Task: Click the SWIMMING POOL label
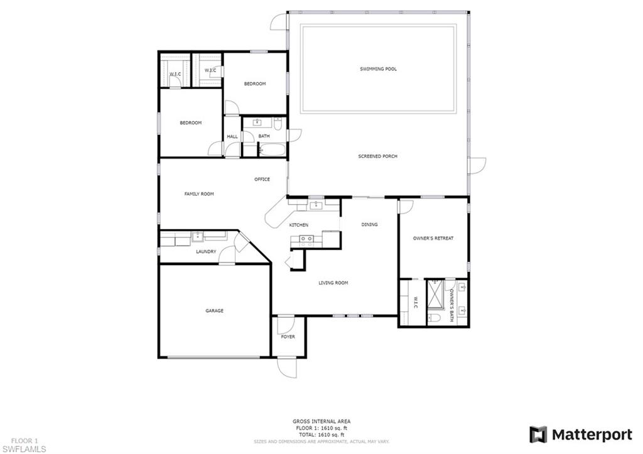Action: coord(378,69)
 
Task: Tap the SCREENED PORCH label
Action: coord(378,156)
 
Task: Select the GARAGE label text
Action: coord(215,311)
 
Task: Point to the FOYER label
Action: coord(288,337)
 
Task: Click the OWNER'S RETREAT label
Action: coord(433,239)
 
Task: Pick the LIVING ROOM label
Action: coord(333,283)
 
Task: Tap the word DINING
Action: coord(370,225)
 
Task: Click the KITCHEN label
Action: coord(298,225)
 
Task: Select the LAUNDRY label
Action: coord(206,252)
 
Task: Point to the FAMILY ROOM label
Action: coord(199,195)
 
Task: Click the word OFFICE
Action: coord(262,180)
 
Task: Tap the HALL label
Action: coord(232,137)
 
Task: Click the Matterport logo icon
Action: coord(538,435)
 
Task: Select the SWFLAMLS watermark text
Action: coord(23,449)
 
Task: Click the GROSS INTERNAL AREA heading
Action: coord(321,421)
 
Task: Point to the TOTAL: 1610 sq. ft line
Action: coord(321,435)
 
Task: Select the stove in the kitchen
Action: coord(306,239)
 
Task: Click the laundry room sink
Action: coord(197,236)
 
